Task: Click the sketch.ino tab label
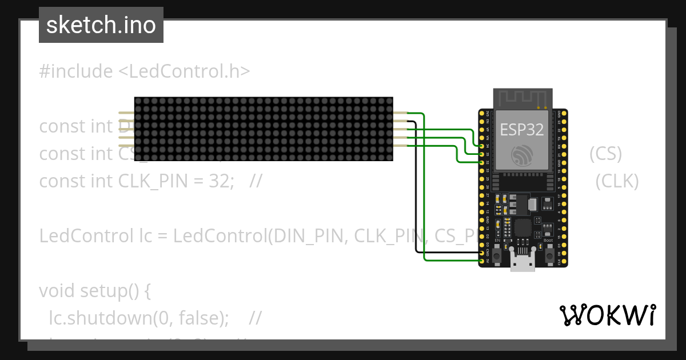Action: pos(101,25)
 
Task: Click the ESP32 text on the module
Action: pos(521,129)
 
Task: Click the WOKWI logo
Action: pos(607,315)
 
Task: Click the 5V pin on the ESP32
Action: pos(482,261)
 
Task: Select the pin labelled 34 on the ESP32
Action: pos(482,146)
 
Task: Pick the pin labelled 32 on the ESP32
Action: pos(482,162)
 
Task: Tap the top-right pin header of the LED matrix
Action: pos(400,114)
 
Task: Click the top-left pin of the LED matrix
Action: pos(126,114)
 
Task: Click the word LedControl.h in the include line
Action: pos(184,71)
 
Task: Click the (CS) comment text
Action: pos(605,154)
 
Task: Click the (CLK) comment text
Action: pos(616,181)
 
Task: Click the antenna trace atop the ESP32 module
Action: pos(523,98)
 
